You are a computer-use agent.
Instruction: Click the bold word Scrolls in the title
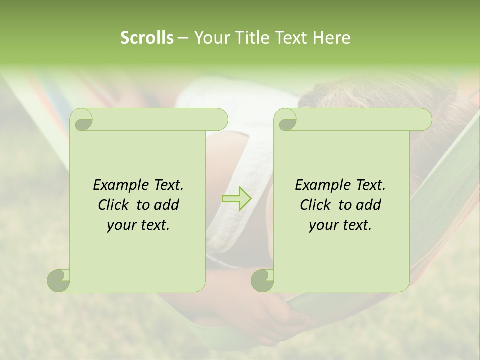pos(147,38)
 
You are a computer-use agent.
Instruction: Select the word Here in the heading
pos(331,38)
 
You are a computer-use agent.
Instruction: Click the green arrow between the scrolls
pos(237,198)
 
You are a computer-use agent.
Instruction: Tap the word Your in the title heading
pos(210,38)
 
